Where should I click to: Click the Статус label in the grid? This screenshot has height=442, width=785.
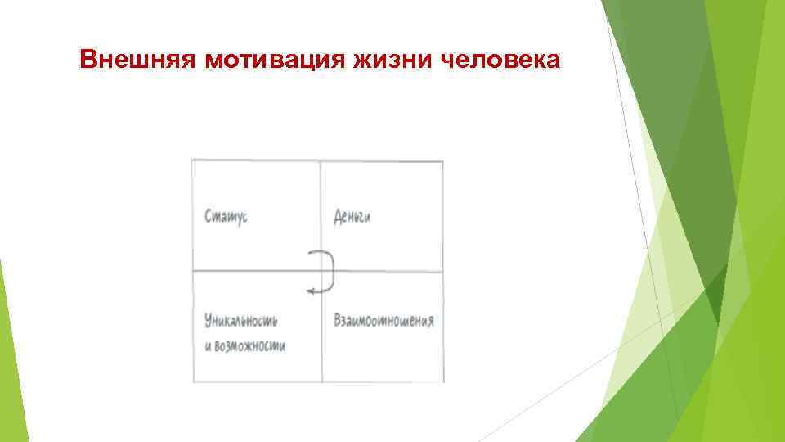click(227, 217)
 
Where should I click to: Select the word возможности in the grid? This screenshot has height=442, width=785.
click(250, 345)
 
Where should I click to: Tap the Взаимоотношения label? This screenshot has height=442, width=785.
click(384, 319)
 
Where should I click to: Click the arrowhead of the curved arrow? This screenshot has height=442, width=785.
click(309, 289)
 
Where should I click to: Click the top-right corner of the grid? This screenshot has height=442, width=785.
click(443, 161)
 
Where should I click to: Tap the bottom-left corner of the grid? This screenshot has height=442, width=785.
click(193, 381)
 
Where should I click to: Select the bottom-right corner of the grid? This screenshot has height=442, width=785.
click(444, 381)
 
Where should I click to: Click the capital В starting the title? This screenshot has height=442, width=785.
click(89, 60)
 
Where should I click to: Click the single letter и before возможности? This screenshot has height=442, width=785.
click(208, 345)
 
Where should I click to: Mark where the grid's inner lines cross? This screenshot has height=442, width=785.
click(321, 271)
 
